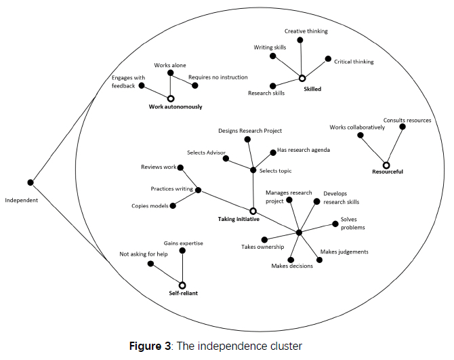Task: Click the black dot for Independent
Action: click(x=30, y=182)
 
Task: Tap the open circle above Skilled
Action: click(x=302, y=79)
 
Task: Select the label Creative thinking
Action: click(x=306, y=31)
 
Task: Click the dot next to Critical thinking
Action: click(x=328, y=60)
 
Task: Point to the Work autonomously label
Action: click(x=176, y=106)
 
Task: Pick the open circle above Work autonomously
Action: click(x=171, y=98)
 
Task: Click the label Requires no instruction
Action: click(x=218, y=77)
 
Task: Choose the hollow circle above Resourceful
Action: click(x=386, y=165)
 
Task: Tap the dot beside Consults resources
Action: click(x=403, y=127)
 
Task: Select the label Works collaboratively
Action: click(x=356, y=127)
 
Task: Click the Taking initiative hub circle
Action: click(x=253, y=212)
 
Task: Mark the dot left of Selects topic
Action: click(x=253, y=170)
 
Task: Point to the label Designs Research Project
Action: click(x=250, y=130)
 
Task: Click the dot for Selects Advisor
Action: click(x=225, y=159)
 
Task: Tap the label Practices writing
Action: click(x=172, y=189)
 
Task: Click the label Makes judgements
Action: click(x=344, y=252)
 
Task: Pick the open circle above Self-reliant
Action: click(x=182, y=285)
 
